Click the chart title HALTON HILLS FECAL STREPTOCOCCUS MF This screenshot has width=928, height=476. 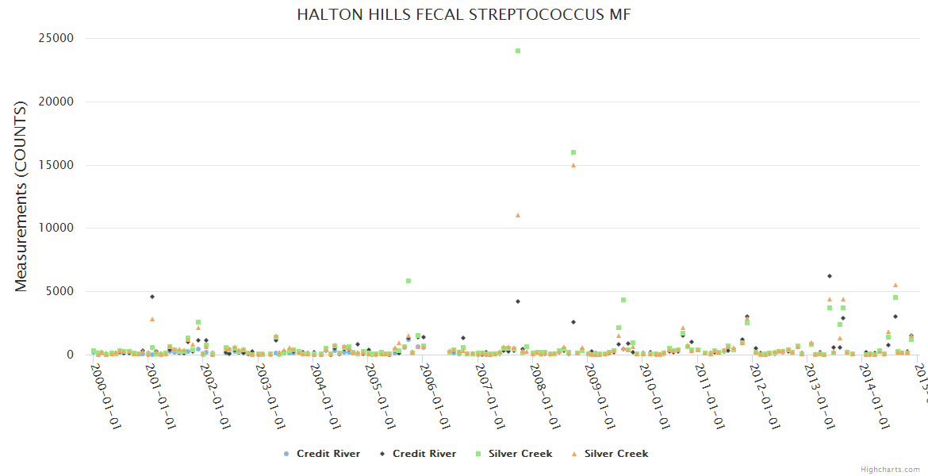[x=464, y=15]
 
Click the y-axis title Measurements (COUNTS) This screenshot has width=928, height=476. [x=21, y=196]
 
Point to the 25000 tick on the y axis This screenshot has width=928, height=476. [x=56, y=39]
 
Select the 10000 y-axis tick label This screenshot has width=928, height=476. [x=56, y=228]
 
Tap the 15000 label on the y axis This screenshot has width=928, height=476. [x=56, y=165]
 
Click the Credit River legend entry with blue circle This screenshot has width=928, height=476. [x=322, y=454]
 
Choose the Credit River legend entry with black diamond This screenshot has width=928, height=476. [x=418, y=454]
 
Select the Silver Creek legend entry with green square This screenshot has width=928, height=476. [x=514, y=454]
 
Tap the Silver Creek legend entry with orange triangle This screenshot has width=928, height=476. [x=610, y=454]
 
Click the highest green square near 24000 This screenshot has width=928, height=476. [x=518, y=51]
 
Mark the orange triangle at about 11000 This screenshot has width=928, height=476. [x=518, y=215]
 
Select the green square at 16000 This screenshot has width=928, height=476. [x=573, y=152]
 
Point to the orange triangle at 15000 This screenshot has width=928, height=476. [x=573, y=165]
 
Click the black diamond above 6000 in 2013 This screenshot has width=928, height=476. [x=830, y=276]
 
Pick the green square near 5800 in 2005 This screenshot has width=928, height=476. [x=408, y=281]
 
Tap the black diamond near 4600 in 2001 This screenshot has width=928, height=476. [x=152, y=297]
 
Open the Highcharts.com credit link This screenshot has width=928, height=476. [x=890, y=470]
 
